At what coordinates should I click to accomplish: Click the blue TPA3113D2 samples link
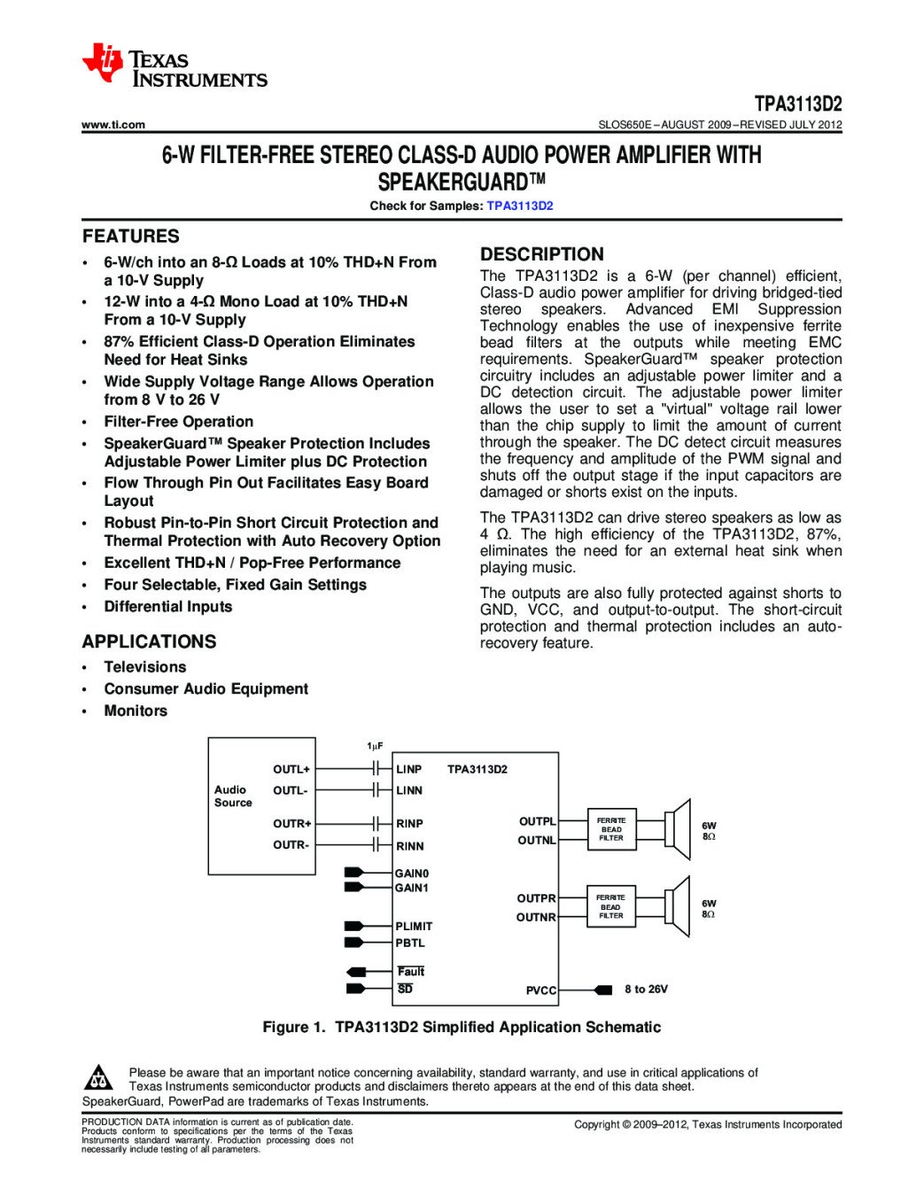click(520, 206)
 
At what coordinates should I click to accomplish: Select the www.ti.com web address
click(113, 125)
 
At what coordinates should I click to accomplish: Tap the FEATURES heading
click(131, 237)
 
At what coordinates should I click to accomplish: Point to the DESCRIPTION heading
click(541, 254)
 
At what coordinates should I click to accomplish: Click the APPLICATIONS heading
click(149, 641)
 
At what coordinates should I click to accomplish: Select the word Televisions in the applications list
click(145, 667)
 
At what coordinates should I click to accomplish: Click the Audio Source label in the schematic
click(233, 796)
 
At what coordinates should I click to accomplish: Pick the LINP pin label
click(409, 769)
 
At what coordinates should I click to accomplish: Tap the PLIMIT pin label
click(414, 926)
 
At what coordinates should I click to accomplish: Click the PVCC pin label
click(541, 990)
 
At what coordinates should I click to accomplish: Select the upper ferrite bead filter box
click(611, 829)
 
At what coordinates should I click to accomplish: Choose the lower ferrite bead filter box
click(611, 906)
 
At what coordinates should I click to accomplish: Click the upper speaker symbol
click(679, 829)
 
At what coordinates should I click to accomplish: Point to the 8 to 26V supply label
click(646, 990)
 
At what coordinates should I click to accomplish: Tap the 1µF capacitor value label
click(376, 746)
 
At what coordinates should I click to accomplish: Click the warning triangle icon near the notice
click(98, 1078)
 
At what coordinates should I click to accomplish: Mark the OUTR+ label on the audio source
click(291, 824)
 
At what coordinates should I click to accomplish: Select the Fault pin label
click(411, 972)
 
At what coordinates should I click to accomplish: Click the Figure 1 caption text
click(462, 1027)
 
